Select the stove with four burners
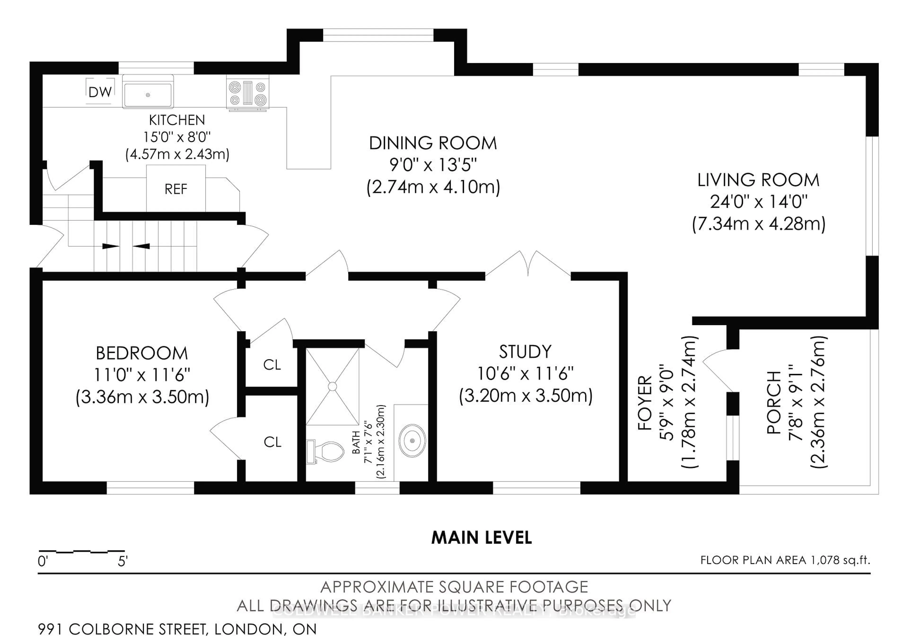pyautogui.click(x=248, y=93)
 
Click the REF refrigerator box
pyautogui.click(x=176, y=189)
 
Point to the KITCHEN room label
pyautogui.click(x=177, y=120)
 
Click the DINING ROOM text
pyautogui.click(x=433, y=143)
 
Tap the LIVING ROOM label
pyautogui.click(x=758, y=180)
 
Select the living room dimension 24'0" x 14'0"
pyautogui.click(x=758, y=202)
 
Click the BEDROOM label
pyautogui.click(x=142, y=353)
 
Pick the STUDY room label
pyautogui.click(x=525, y=352)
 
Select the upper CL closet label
pyautogui.click(x=272, y=365)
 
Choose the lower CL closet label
pyautogui.click(x=272, y=442)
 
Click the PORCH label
pyautogui.click(x=773, y=402)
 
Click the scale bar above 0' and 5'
pyautogui.click(x=82, y=551)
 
